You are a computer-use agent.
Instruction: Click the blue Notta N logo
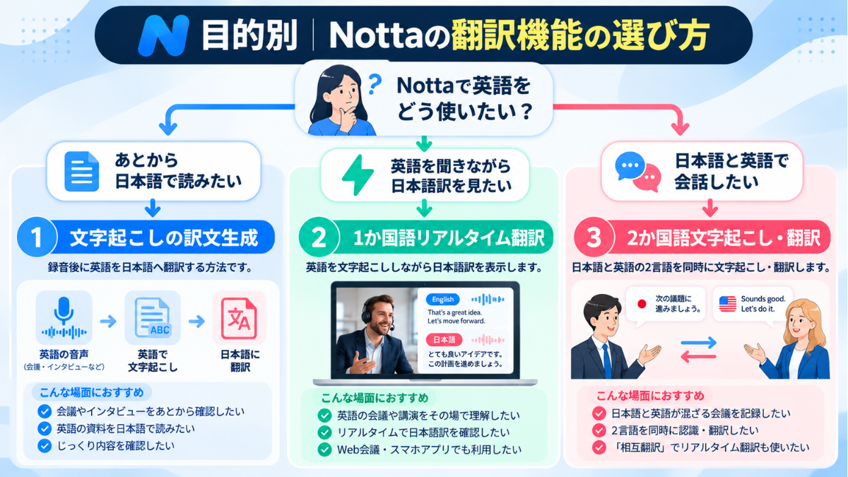[163, 35]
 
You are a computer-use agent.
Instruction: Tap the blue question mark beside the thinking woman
[375, 84]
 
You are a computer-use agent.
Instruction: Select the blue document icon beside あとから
[82, 171]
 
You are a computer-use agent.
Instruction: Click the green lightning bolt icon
[358, 175]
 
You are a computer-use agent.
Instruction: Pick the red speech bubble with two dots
[647, 178]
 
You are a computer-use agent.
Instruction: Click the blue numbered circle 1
[37, 237]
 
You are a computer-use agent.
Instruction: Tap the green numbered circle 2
[319, 237]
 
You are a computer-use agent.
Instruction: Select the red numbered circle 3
[594, 237]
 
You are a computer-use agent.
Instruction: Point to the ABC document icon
[153, 317]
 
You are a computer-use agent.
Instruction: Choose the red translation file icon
[240, 318]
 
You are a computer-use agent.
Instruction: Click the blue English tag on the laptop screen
[442, 300]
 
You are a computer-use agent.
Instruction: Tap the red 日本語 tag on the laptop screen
[444, 340]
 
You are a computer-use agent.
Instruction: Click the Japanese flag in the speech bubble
[642, 304]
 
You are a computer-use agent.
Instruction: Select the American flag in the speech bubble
[728, 304]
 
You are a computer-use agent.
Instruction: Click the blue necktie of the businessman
[607, 361]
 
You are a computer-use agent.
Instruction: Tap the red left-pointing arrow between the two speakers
[698, 357]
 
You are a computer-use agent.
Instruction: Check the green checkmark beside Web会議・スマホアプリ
[324, 449]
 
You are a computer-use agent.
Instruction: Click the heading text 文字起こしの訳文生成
[164, 237]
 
